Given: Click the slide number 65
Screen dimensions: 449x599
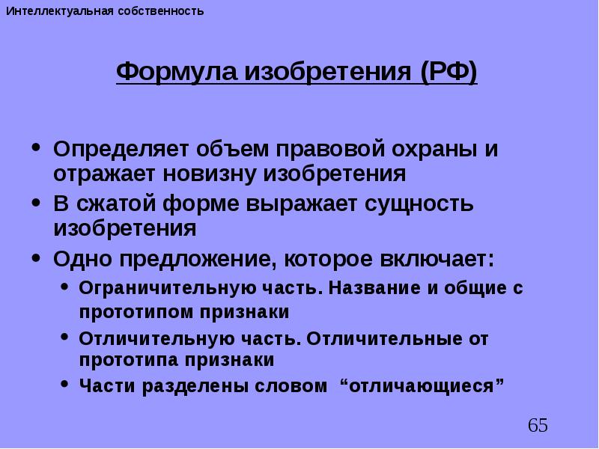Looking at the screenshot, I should pos(538,426).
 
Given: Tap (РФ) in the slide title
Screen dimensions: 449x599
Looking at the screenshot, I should pos(448,73).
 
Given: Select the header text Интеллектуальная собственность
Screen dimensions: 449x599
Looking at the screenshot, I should pos(105,12).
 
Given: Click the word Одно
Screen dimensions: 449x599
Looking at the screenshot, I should pos(80,258).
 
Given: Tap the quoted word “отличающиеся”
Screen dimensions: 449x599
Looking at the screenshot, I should pos(422,386).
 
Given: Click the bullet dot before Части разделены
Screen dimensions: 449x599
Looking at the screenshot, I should pos(66,385).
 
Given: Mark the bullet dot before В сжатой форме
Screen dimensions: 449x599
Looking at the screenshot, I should pos(37,203).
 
